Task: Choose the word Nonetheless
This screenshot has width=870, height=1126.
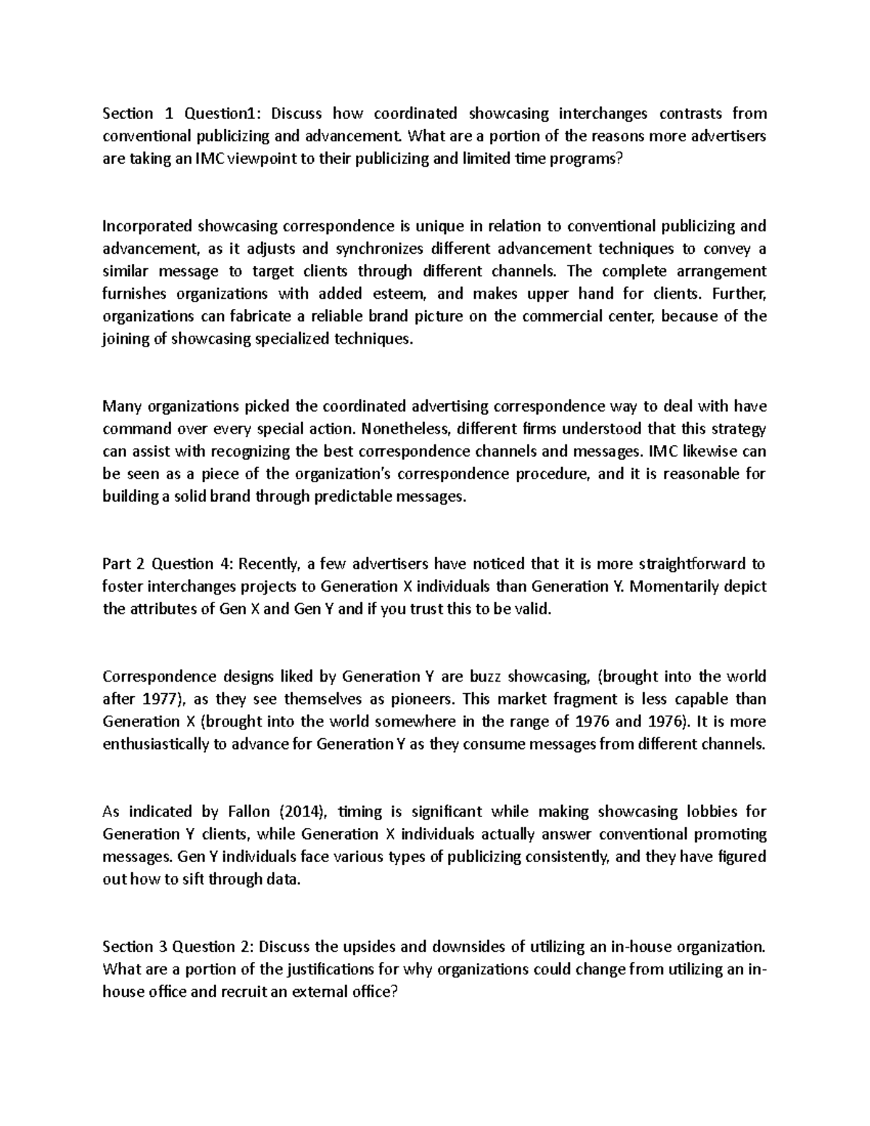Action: click(x=406, y=429)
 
